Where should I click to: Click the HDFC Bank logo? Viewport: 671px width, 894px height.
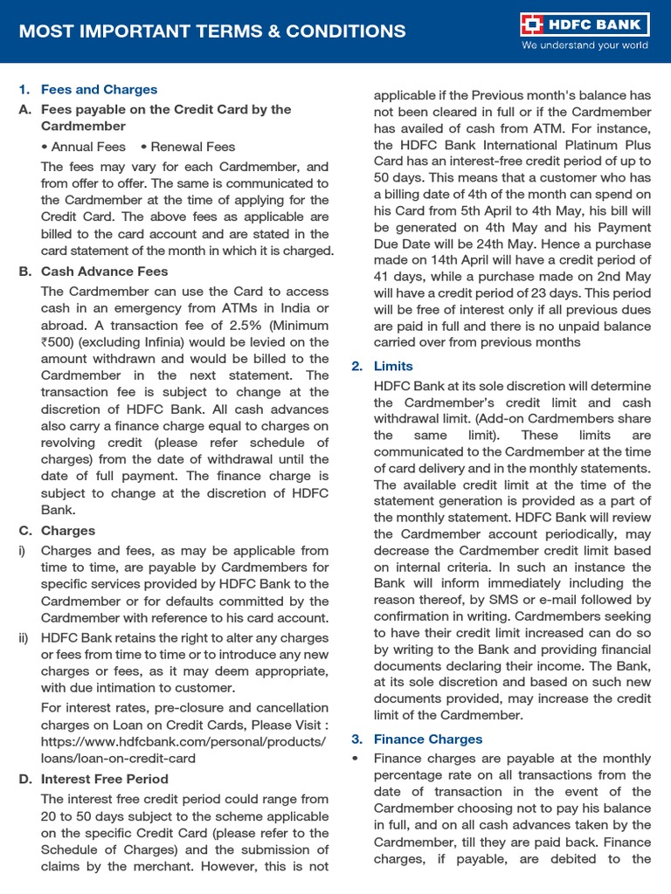click(x=583, y=24)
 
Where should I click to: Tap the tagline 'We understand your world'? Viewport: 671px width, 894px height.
click(x=585, y=45)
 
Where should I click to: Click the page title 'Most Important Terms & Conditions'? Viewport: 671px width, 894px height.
click(x=212, y=31)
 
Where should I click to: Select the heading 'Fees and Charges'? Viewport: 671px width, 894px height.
click(x=99, y=89)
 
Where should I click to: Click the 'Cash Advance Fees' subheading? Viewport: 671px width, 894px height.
click(x=104, y=272)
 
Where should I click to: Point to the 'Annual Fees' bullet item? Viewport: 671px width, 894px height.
click(x=88, y=147)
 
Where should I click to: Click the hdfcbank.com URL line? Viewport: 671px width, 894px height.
click(x=183, y=741)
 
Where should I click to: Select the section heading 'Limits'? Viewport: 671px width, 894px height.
click(x=393, y=366)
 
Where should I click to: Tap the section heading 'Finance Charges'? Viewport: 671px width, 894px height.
click(x=428, y=739)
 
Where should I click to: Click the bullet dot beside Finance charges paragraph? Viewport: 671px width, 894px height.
click(x=356, y=759)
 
